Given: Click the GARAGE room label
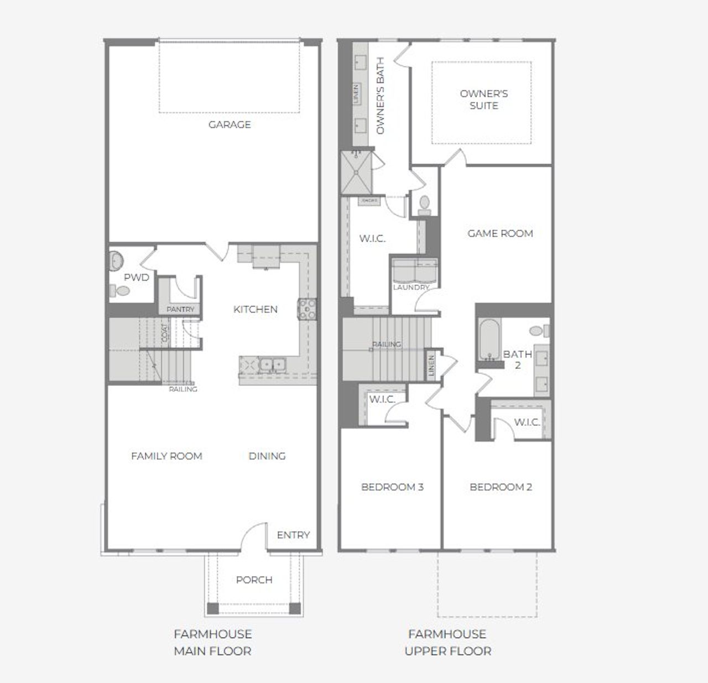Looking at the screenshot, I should pyautogui.click(x=230, y=124).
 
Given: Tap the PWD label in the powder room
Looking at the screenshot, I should pyautogui.click(x=136, y=277).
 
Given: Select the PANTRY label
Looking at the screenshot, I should pyautogui.click(x=180, y=310).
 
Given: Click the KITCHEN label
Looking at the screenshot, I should pyautogui.click(x=256, y=309).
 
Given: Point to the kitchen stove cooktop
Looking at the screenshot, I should pyautogui.click(x=306, y=309).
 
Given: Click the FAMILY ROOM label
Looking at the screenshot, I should pyautogui.click(x=166, y=456).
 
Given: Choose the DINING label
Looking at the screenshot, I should pyautogui.click(x=267, y=456).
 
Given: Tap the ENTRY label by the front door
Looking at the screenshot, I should pyautogui.click(x=293, y=535).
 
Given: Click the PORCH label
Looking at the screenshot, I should pyautogui.click(x=254, y=580).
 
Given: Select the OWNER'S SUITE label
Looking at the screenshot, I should pyautogui.click(x=483, y=100).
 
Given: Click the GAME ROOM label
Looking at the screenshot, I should pyautogui.click(x=500, y=233).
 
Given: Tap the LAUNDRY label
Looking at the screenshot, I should pyautogui.click(x=411, y=288).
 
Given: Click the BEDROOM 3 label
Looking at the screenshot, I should pyautogui.click(x=392, y=487).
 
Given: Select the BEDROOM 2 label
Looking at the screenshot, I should pyautogui.click(x=501, y=487).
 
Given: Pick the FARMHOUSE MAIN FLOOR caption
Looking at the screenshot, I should pyautogui.click(x=213, y=642).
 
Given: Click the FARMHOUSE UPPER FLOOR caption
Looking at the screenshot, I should pyautogui.click(x=447, y=642).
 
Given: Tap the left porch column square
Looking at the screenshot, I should pyautogui.click(x=213, y=609).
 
